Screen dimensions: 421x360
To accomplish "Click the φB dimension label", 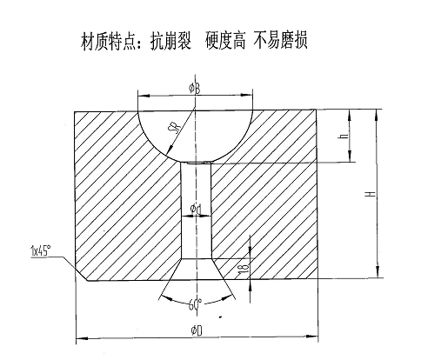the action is pos(195,89).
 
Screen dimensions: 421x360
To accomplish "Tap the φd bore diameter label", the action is pos(196,209).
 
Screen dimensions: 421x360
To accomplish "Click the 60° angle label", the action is pos(195,304).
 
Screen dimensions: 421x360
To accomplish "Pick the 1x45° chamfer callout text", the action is pos(41,250).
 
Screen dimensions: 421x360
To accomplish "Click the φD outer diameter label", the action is pos(197,330).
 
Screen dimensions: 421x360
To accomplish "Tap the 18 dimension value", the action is pos(244,268).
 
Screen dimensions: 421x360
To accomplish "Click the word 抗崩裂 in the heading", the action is pos(170,41).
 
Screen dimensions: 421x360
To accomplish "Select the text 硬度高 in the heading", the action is pos(225,40).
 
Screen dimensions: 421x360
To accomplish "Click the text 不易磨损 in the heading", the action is pos(280,40).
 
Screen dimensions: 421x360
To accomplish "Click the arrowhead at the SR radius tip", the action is pos(170,150).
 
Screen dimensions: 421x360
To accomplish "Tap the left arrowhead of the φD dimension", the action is pos(82,338).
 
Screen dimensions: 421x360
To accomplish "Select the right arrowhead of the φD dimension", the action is pos(312,337).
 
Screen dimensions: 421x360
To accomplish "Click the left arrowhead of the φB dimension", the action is pos(144,96).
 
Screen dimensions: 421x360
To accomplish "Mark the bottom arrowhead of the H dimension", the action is pos(378,271).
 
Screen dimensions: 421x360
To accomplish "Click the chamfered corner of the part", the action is pos(82,274).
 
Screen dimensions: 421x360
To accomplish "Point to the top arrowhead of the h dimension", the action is pos(350,116).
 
